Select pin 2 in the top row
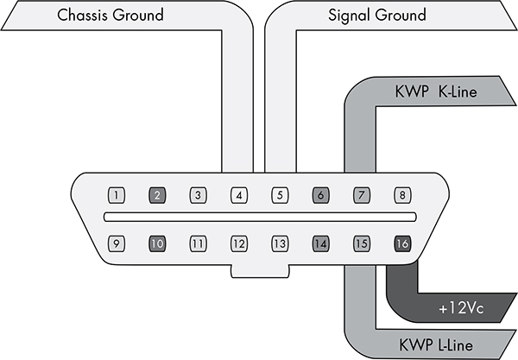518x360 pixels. pyautogui.click(x=157, y=195)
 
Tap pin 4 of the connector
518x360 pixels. pyautogui.click(x=238, y=195)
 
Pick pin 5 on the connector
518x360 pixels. pyautogui.click(x=279, y=195)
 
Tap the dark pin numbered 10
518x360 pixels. pyautogui.click(x=157, y=243)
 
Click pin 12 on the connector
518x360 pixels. pyautogui.click(x=238, y=243)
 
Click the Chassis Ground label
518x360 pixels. pyautogui.click(x=122, y=16)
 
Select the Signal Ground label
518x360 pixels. pyautogui.click(x=377, y=16)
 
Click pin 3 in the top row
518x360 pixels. pyautogui.click(x=198, y=195)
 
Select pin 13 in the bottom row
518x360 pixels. pyautogui.click(x=279, y=243)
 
